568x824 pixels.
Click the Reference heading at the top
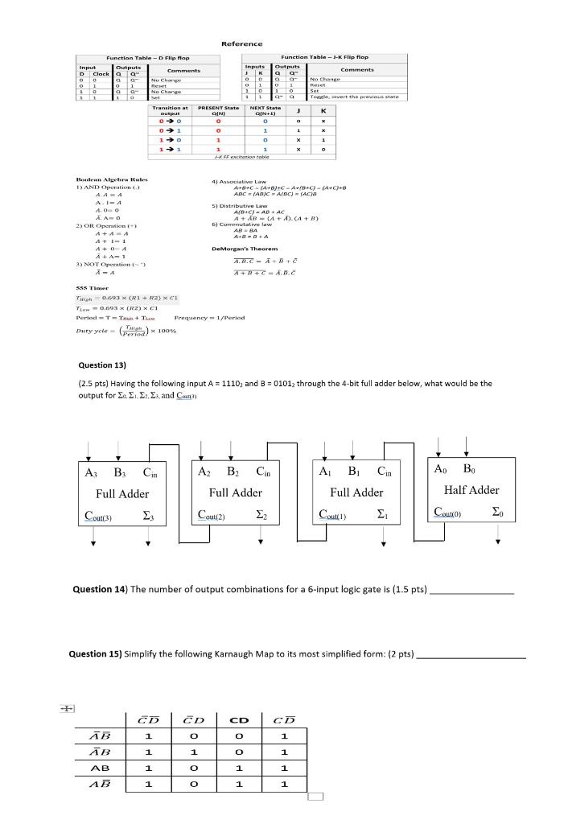pyautogui.click(x=241, y=43)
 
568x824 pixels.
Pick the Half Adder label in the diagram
pyautogui.click(x=471, y=490)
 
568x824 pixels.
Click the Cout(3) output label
pyautogui.click(x=100, y=515)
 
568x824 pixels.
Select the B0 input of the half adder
pyautogui.click(x=467, y=469)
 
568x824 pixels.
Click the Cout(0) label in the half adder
pyautogui.click(x=448, y=512)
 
